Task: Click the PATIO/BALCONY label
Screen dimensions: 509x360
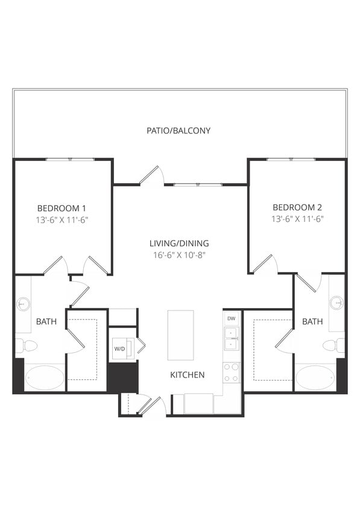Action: pyautogui.click(x=179, y=130)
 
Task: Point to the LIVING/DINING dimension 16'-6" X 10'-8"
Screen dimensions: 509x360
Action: pyautogui.click(x=179, y=255)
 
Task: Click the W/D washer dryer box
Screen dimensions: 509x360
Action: pyautogui.click(x=119, y=349)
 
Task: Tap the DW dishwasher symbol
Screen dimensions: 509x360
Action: pyautogui.click(x=231, y=318)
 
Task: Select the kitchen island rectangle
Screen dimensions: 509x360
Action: pyautogui.click(x=180, y=335)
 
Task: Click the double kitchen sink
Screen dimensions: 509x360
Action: pyautogui.click(x=231, y=339)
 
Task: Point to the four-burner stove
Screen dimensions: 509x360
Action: pyautogui.click(x=231, y=372)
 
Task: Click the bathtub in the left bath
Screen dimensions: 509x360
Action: pyautogui.click(x=45, y=378)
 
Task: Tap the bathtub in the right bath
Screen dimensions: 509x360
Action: pyautogui.click(x=314, y=378)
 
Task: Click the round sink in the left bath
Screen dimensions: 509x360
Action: pyautogui.click(x=24, y=303)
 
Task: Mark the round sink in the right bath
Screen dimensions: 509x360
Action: pyautogui.click(x=336, y=302)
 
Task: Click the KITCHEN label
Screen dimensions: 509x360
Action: pyautogui.click(x=187, y=375)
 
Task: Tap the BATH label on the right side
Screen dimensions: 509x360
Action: pyautogui.click(x=312, y=322)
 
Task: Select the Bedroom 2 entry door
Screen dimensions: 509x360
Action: pyautogui.click(x=264, y=264)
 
